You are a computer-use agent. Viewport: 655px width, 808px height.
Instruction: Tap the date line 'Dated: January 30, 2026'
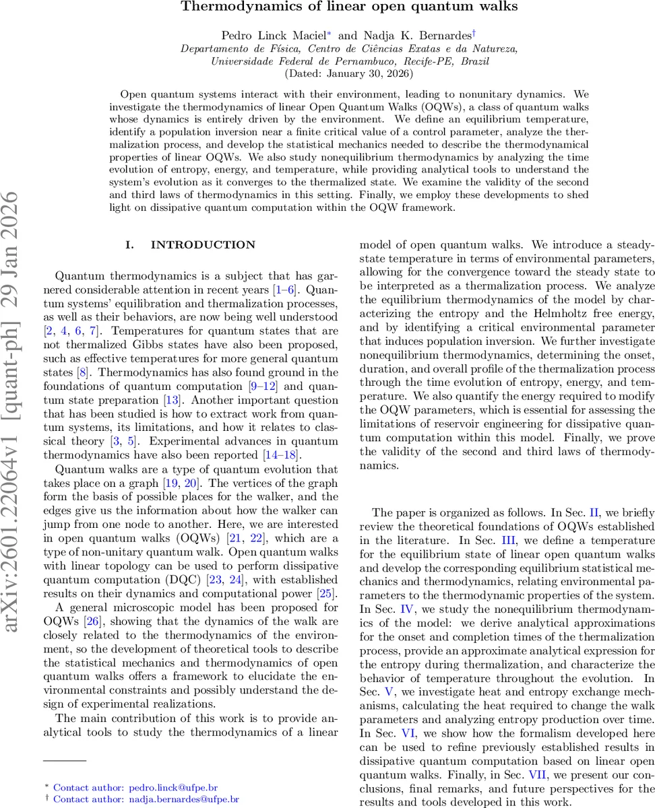(327, 73)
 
